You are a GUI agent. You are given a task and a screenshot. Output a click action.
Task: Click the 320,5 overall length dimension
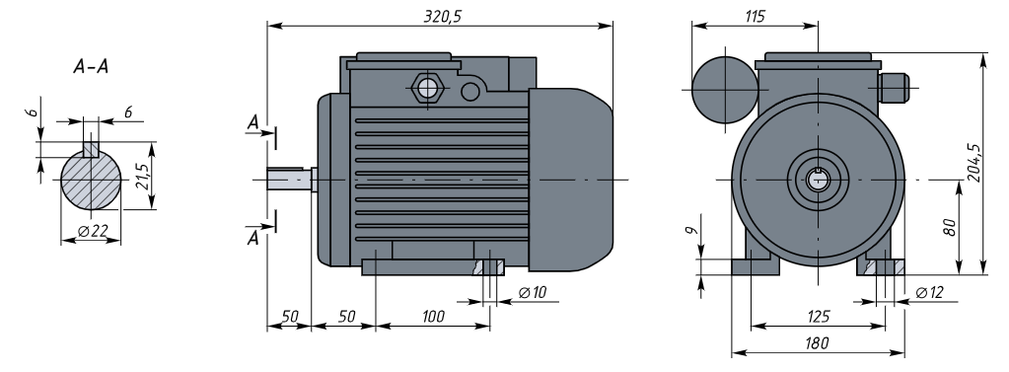[442, 17]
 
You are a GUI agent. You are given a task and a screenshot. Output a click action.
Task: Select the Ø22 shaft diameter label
[92, 231]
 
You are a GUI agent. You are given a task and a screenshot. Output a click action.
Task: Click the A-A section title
[91, 66]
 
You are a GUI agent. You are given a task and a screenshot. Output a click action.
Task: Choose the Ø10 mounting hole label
[533, 293]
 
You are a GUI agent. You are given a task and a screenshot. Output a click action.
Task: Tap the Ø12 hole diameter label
[928, 293]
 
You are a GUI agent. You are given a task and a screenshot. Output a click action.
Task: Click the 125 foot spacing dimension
[818, 316]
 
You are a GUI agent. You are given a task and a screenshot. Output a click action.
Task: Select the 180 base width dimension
[818, 343]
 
